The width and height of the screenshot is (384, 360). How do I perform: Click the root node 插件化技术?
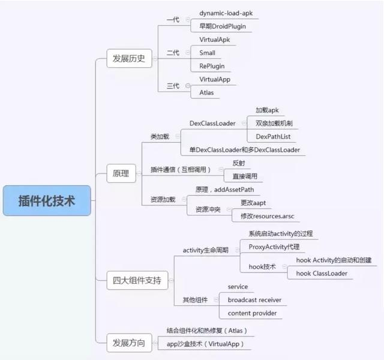(47, 200)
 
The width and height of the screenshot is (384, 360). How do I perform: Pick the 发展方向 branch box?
(128, 343)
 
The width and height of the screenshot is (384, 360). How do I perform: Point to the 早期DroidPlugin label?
(222, 26)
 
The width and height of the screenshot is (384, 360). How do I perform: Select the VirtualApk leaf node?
(215, 40)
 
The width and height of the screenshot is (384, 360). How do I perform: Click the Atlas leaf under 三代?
(207, 92)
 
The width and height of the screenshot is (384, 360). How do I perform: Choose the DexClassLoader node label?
(212, 124)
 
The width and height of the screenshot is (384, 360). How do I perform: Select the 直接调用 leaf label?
(246, 176)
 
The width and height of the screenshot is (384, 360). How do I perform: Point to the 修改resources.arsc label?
(268, 216)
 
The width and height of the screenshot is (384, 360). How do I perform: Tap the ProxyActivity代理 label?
(274, 247)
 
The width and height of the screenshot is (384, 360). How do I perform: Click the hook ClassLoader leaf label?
(322, 274)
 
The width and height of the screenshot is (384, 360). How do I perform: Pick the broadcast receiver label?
(254, 300)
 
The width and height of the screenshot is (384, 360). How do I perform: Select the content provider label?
(251, 313)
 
